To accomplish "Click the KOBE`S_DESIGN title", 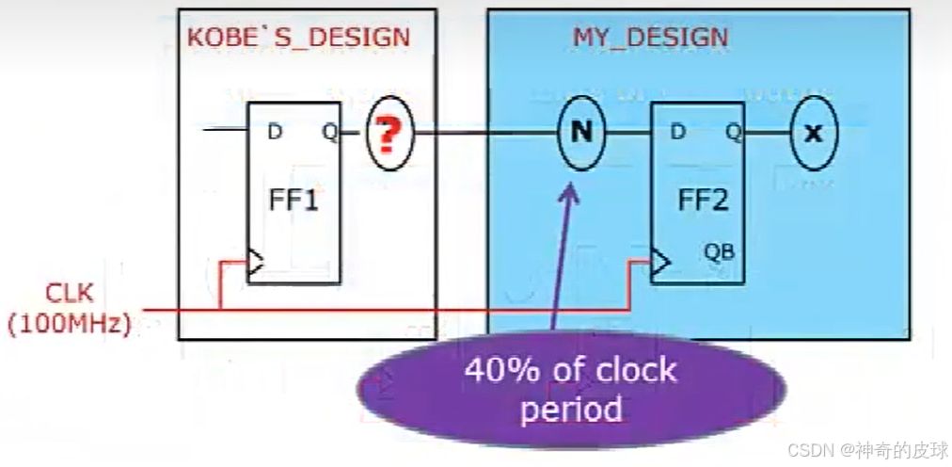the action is pyautogui.click(x=299, y=38).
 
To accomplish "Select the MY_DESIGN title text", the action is pyautogui.click(x=650, y=38).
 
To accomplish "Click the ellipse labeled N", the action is pyautogui.click(x=581, y=133).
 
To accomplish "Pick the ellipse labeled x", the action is pyautogui.click(x=813, y=133).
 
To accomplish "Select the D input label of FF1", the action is pyautogui.click(x=274, y=132).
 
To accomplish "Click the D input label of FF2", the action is pyautogui.click(x=677, y=132).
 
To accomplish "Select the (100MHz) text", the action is pyautogui.click(x=69, y=324).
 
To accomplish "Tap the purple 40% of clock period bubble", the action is pyautogui.click(x=570, y=388).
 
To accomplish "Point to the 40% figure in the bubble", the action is pyautogui.click(x=500, y=369).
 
